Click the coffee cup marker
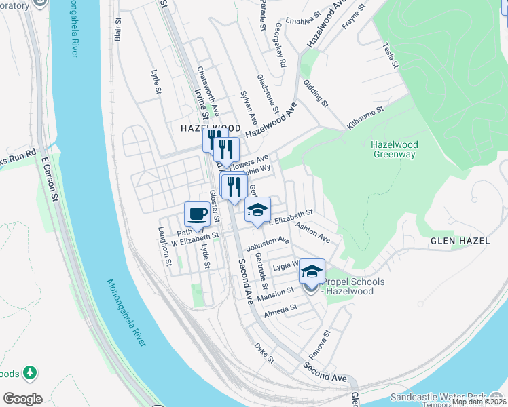pos(197,214)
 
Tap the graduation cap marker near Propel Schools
pos(312,271)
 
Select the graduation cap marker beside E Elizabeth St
pos(257,210)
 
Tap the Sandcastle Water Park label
pos(438,396)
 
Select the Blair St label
pos(119,30)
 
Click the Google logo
pos(22,399)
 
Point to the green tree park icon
pos(29,372)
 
